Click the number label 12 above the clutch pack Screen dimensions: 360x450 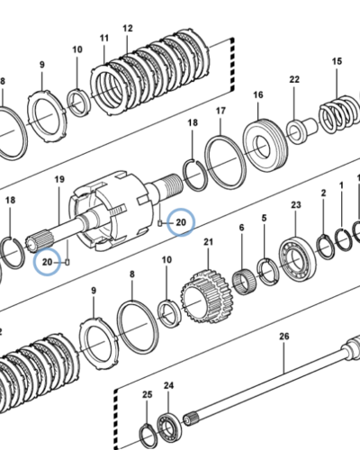tap(128, 29)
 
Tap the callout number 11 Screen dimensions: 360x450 tap(104, 39)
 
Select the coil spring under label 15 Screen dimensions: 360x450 tap(339, 114)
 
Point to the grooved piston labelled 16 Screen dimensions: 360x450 tap(265, 146)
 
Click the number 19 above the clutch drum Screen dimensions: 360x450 tap(59, 179)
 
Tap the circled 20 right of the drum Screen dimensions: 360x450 tap(181, 222)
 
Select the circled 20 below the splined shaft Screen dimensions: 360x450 tap(48, 262)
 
